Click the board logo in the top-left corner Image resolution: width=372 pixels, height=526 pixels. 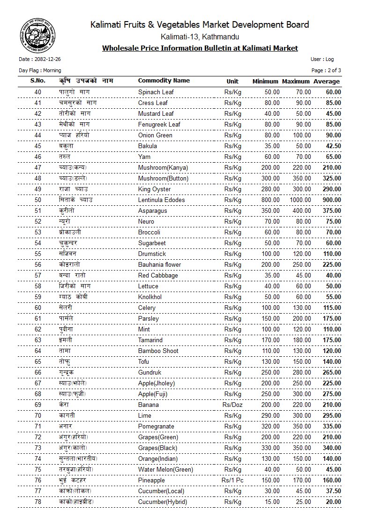pos(33,35)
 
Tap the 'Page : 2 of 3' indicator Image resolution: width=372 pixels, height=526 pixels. pos(326,70)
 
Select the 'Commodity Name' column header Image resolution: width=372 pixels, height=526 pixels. pos(164,81)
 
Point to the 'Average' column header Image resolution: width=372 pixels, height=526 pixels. pos(327,82)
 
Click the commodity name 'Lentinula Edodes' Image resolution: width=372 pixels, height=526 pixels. pos(161,200)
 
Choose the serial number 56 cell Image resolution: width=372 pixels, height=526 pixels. pos(38,264)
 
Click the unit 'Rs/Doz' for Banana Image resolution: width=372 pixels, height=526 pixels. pos(232,405)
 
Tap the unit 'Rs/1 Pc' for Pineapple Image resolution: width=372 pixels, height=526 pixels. pos(232,481)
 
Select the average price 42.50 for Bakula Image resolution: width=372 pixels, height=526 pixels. pos(333,146)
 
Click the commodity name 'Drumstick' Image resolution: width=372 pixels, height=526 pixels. pos(152,254)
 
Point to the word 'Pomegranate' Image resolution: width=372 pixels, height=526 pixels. pos(156,427)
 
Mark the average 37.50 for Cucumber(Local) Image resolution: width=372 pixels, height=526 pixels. pos(333,491)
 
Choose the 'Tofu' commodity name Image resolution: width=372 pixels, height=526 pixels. pos(144,362)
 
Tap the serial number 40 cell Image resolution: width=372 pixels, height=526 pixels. pos(38,92)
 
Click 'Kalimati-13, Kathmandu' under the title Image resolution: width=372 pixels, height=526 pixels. pos(200,37)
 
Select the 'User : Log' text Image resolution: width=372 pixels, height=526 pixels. pos(322,60)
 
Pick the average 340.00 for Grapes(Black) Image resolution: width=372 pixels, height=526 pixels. pos(332,448)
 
